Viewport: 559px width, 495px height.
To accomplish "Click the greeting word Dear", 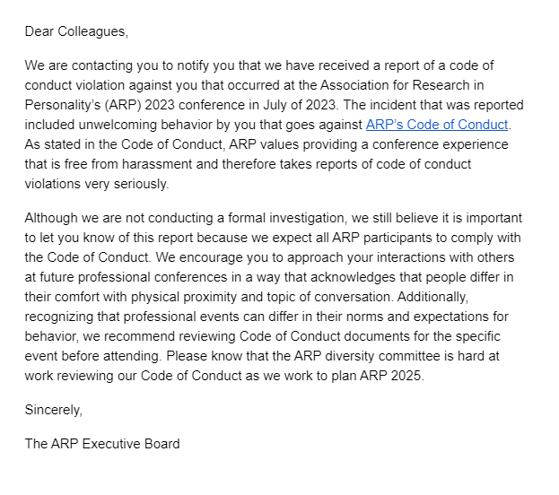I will (39, 31).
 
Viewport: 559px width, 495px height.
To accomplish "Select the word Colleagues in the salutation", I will (93, 31).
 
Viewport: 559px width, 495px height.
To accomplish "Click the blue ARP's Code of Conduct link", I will (437, 125).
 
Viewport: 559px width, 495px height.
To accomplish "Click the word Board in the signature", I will (162, 443).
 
